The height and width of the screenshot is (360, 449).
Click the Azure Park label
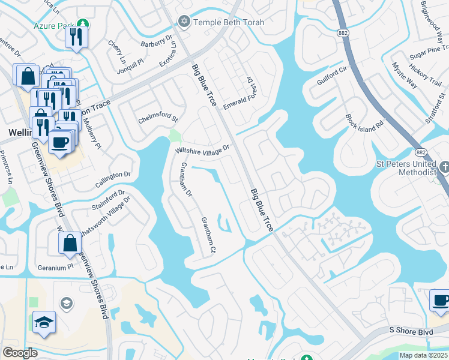(x=54, y=27)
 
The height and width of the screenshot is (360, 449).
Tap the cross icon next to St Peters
(x=445, y=166)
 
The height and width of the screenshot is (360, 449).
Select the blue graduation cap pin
(x=44, y=323)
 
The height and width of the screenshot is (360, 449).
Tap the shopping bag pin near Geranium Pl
(x=70, y=244)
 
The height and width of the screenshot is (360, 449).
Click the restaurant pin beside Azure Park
(x=77, y=36)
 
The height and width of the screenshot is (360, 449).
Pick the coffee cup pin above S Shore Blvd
(x=441, y=301)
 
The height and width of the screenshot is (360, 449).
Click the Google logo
(x=20, y=353)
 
